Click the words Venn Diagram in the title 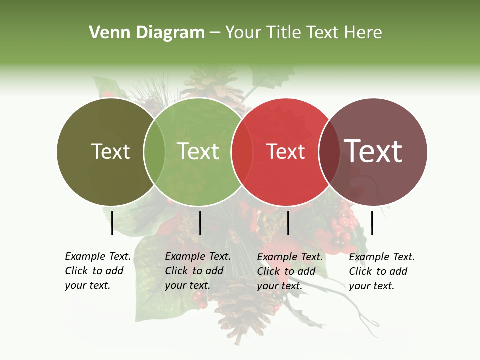tap(147, 33)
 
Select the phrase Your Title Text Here tap(303, 33)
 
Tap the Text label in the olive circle tap(110, 151)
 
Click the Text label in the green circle tap(198, 151)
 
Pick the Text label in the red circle tap(285, 151)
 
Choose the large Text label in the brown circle tap(373, 151)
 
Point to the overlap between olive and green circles tap(154, 152)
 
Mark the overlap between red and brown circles tap(329, 152)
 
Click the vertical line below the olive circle tap(112, 223)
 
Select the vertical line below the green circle tap(200, 223)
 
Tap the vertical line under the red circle tap(288, 223)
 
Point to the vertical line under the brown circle tap(372, 223)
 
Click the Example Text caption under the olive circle tap(97, 271)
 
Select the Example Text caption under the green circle tap(197, 271)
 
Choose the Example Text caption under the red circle tap(289, 271)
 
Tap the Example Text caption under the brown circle tap(381, 271)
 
